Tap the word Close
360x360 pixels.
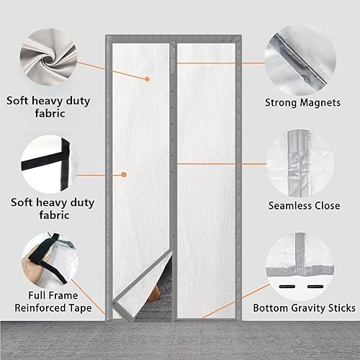point(325,205)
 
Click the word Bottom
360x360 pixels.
point(269,307)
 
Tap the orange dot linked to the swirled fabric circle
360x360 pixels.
point(146,79)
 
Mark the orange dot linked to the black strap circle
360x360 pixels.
point(124,174)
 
